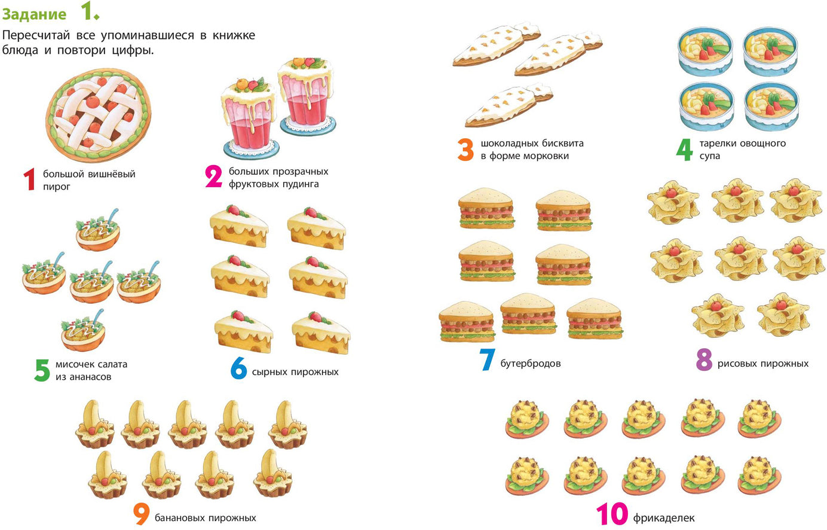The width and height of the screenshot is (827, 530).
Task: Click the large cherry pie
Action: pos(99,115)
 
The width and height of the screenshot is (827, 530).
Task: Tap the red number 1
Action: pos(29,179)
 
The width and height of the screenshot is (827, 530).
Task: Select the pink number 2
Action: pos(214,176)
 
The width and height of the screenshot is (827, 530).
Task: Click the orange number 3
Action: pos(465,150)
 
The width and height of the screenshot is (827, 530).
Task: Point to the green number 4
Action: pos(684,150)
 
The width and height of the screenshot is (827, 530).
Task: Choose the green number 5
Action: pos(42,370)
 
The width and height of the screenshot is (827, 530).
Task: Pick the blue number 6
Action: pos(238,368)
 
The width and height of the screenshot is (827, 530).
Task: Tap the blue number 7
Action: pos(487,360)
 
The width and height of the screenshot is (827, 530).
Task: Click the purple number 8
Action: pos(704,360)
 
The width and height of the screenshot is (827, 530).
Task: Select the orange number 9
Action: pos(142,514)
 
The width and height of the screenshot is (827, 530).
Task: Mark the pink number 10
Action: pos(612,513)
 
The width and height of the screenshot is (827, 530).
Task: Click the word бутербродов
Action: pos(531,364)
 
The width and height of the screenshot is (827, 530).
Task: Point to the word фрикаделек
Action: pos(664,518)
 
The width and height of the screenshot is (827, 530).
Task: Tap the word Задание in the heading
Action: pos(34,14)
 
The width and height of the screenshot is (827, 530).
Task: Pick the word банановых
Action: pos(179,517)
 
